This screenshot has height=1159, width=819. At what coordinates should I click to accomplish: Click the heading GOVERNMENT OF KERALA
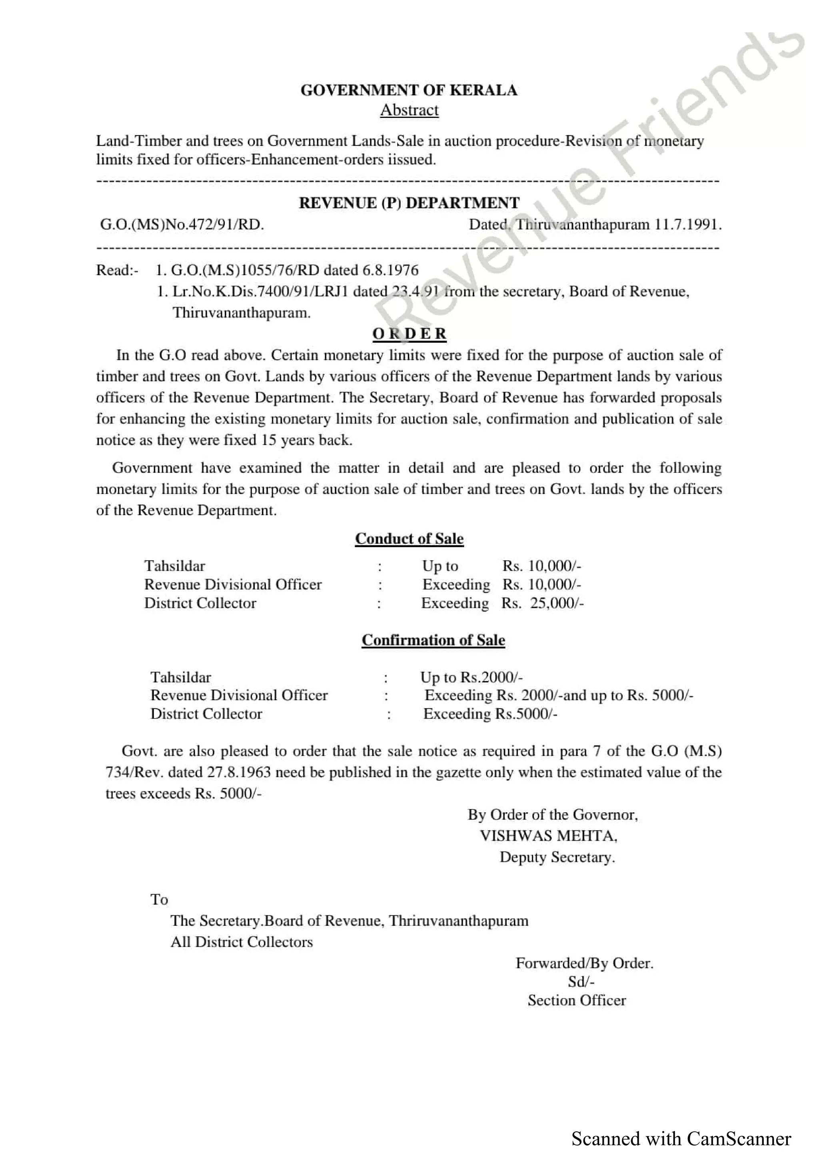click(409, 90)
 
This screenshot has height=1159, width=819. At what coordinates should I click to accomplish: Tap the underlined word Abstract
click(409, 110)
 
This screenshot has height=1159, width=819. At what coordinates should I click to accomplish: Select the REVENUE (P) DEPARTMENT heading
click(409, 203)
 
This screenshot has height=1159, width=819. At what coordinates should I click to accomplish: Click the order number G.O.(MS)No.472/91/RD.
click(182, 225)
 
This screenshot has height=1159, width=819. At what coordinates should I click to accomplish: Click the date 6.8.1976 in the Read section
click(391, 270)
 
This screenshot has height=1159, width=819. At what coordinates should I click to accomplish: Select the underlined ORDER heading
click(409, 334)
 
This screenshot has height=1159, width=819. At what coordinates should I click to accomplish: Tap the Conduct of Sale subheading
click(409, 539)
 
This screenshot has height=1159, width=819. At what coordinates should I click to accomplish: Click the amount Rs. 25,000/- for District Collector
click(543, 603)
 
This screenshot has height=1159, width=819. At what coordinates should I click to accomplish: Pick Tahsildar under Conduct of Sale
click(175, 566)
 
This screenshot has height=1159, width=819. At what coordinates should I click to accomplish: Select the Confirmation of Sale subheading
click(433, 640)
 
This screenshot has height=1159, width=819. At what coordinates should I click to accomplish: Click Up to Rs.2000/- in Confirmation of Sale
click(471, 677)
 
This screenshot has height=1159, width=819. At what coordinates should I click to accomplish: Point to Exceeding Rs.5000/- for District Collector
click(490, 714)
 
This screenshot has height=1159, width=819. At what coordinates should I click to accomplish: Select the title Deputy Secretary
click(557, 857)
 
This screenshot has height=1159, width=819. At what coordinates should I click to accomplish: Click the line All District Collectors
click(241, 942)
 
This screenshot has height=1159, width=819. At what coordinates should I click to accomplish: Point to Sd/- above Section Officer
click(581, 982)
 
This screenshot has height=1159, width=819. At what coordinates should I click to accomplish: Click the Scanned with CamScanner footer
click(681, 1139)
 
